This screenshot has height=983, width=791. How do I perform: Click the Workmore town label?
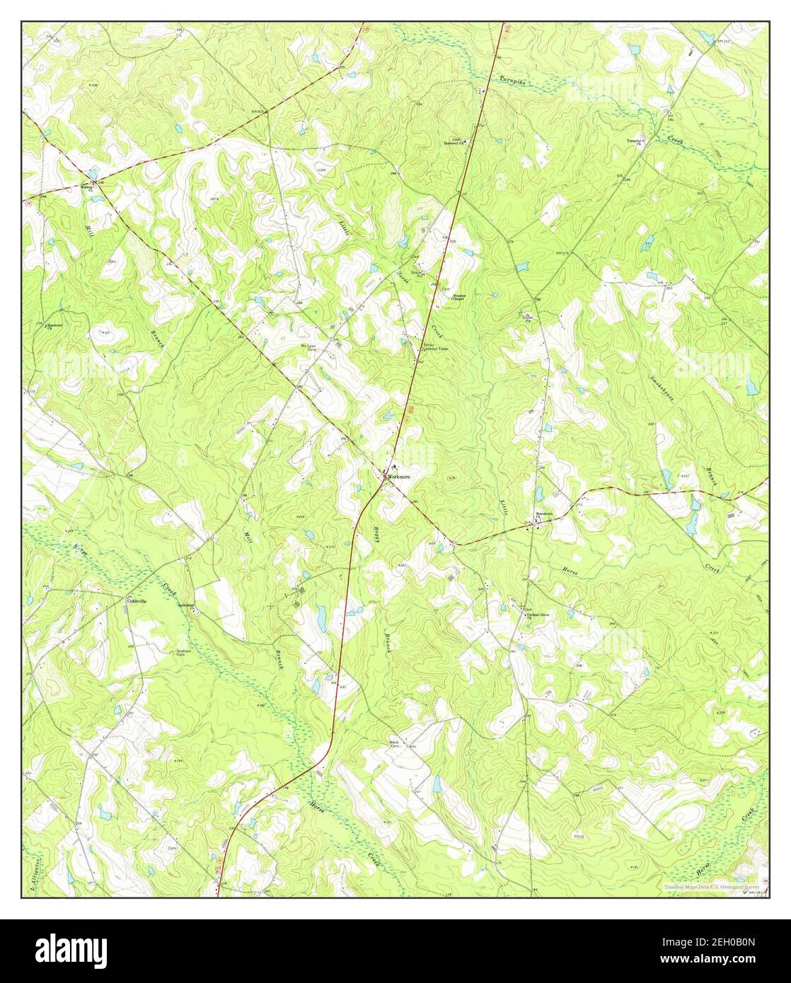pyautogui.click(x=398, y=477)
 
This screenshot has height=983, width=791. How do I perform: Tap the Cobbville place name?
pyautogui.click(x=136, y=600)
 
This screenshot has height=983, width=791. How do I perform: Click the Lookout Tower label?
pyautogui.click(x=436, y=349)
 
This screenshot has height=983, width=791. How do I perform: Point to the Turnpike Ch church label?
pyautogui.click(x=635, y=141)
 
